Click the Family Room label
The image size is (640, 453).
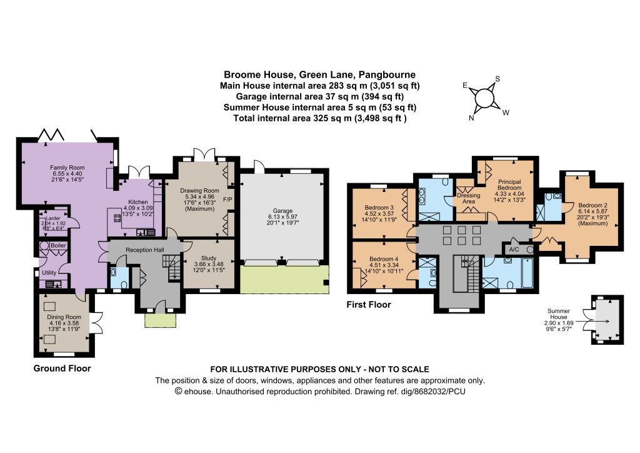67,168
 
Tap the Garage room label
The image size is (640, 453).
282,211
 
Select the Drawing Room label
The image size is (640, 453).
199,190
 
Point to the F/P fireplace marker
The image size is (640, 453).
227,200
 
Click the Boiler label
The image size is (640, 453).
58,245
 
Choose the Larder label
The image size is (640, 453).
53,218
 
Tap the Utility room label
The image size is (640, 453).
49,272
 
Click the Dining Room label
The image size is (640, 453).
64,317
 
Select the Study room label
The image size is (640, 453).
209,258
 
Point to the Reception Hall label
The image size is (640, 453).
145,250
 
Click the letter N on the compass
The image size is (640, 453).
471,118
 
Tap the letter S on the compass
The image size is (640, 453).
497,79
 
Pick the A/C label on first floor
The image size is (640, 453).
514,250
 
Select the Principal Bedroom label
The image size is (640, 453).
509,185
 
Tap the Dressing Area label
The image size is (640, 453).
468,198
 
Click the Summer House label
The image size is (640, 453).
558,313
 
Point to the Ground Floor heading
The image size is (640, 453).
62,368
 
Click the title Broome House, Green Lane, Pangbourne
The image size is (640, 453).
319,74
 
